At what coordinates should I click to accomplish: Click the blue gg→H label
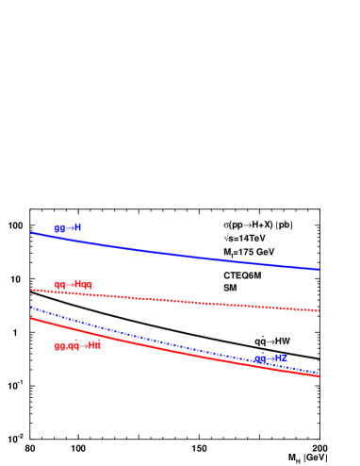tap(68, 228)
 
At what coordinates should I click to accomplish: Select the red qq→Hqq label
tap(73, 284)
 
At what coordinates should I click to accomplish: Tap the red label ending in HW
tap(77, 346)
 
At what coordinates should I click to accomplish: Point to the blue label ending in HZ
tap(270, 358)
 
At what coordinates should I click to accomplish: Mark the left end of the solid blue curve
tap(31, 232)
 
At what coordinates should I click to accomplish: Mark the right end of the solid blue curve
tap(319, 270)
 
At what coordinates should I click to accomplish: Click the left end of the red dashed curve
tap(31, 290)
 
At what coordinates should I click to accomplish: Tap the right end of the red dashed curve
tap(319, 310)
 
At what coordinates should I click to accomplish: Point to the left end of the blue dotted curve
tap(31, 308)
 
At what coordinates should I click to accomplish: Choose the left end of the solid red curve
tap(31, 318)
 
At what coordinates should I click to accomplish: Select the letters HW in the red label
tap(94, 346)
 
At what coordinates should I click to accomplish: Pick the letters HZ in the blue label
tap(281, 358)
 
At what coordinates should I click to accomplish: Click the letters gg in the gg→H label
tap(59, 229)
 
